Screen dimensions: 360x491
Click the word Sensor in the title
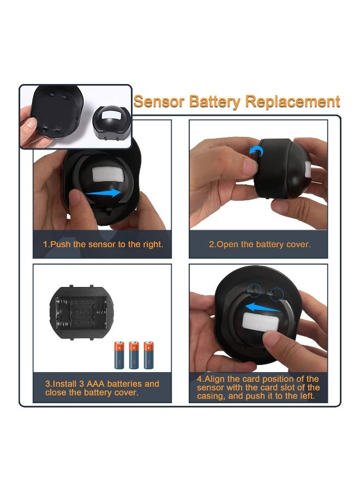click(x=159, y=101)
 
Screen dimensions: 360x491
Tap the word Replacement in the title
click(x=292, y=102)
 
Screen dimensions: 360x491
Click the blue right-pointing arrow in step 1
click(x=103, y=193)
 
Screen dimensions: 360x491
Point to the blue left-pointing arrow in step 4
click(x=262, y=308)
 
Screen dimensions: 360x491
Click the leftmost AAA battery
click(x=119, y=355)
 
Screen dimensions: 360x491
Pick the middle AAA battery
click(x=134, y=355)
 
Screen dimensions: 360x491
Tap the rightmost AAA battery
click(x=149, y=355)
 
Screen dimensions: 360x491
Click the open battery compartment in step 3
click(x=81, y=312)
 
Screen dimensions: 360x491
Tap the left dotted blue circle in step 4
click(x=254, y=290)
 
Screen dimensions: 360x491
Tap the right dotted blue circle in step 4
click(x=277, y=294)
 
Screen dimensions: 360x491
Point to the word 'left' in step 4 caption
click(x=307, y=396)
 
